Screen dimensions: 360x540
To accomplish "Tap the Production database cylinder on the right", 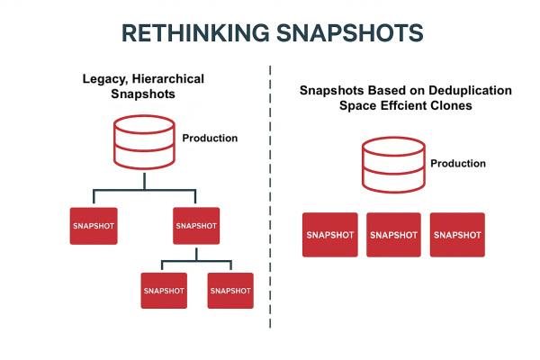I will pos(393,164).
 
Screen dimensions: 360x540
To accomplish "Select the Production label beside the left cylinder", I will pos(210,138).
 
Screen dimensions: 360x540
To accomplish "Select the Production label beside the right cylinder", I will pos(458,164).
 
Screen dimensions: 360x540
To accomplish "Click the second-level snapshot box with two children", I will pos(196,226).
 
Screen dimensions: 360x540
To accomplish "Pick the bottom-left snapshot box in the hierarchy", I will pos(163,291).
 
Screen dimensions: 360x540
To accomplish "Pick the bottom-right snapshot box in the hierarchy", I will pos(230,291).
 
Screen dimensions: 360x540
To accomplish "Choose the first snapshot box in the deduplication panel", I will pos(330,235).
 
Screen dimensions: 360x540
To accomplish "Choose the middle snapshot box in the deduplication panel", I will pos(394,235).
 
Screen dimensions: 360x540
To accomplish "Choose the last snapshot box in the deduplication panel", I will pos(457,235).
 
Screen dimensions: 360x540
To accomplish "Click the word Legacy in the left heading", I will pos(100,79).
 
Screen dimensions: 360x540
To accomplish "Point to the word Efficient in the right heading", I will pos(404,105).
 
